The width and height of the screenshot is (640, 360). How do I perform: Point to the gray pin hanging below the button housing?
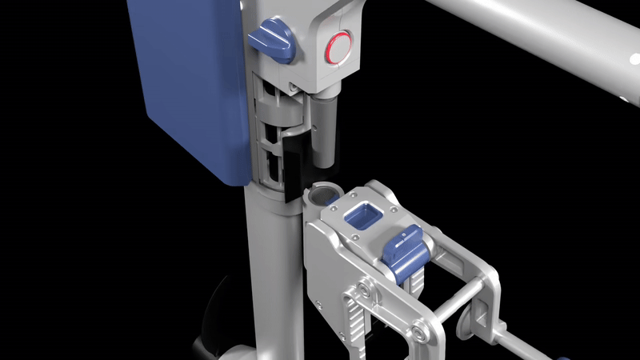coord(325,128)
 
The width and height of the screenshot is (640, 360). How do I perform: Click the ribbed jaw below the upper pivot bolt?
coord(355,320)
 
